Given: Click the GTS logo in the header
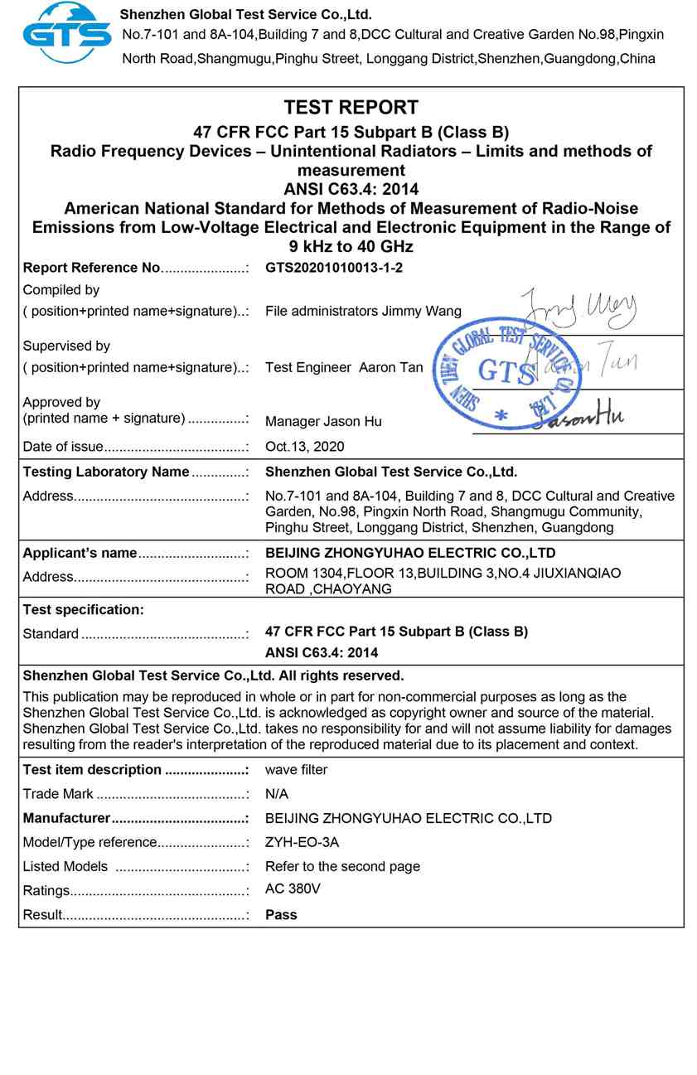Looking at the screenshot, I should coord(66,33).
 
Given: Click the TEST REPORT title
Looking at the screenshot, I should coord(351,107).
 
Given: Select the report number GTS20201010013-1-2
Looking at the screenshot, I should coord(334,268).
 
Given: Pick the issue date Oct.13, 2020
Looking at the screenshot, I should coord(305,447).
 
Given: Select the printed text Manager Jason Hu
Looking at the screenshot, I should coord(323,422).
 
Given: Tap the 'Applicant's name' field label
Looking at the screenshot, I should coord(80,553).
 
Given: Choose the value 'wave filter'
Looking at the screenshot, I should coord(296,770).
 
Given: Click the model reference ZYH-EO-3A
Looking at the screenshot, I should coord(302,842).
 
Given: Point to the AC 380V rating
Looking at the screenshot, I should coord(293,889).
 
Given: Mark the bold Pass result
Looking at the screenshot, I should coord(281,915).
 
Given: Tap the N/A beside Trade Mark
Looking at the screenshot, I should coord(277,794).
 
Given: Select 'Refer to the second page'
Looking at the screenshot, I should coord(342,866).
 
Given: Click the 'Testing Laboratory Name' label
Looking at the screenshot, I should coord(106,472).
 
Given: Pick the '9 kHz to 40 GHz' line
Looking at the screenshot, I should coord(351,246).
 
